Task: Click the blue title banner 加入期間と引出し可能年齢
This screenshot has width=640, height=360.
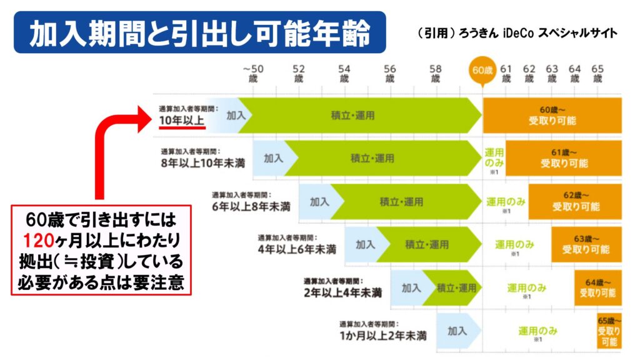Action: [x=199, y=32]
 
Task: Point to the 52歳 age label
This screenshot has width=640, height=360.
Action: [x=299, y=73]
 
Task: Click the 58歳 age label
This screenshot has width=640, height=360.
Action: [x=436, y=73]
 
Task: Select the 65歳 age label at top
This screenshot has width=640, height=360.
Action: [x=597, y=73]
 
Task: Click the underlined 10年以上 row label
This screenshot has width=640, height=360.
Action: [x=181, y=119]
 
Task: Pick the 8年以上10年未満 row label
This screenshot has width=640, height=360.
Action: [x=202, y=162]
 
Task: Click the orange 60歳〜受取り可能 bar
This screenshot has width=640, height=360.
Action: [x=552, y=115]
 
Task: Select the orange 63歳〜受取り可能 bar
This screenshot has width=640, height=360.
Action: [x=586, y=244]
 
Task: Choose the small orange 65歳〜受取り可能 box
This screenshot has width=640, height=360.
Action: [x=609, y=331]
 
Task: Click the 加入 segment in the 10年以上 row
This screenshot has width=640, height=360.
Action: [x=236, y=115]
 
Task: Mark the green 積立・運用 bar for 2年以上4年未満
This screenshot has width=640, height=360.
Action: [x=455, y=287]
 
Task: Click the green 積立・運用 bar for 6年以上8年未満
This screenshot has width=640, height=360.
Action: [x=401, y=202]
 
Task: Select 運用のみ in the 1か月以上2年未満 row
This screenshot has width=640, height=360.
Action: [x=537, y=331]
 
